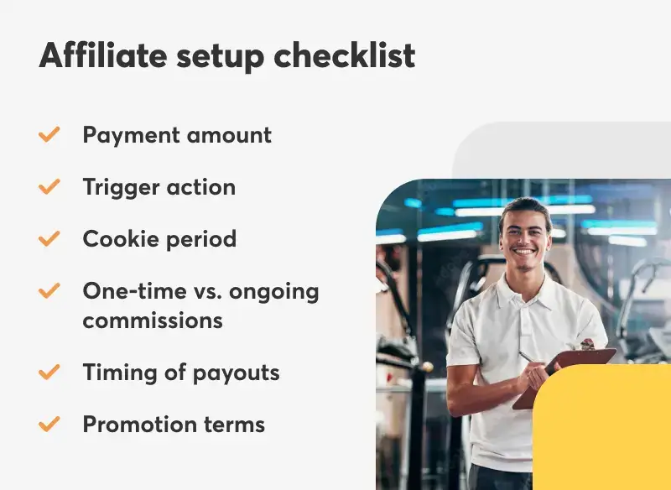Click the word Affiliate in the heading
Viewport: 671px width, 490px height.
point(100,55)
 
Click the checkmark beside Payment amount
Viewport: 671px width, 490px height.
point(49,134)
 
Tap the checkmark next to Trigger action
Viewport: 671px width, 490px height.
point(49,186)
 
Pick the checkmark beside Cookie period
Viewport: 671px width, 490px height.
point(49,238)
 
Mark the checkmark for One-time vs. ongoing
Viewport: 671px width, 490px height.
point(49,291)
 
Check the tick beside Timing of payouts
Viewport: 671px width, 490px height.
point(49,372)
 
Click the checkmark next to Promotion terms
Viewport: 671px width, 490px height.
point(49,424)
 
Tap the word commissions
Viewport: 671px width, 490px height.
point(153,320)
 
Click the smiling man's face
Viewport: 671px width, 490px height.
point(524,234)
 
